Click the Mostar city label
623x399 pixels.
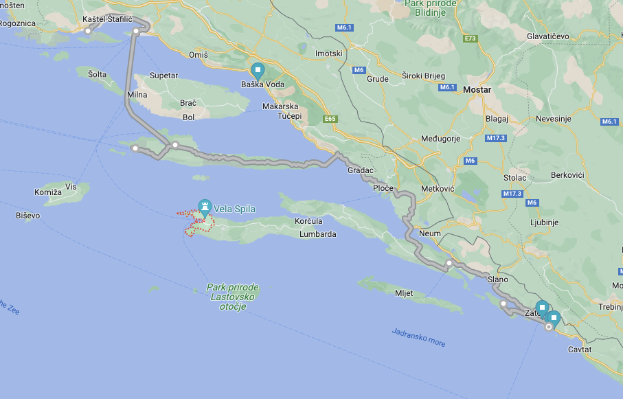477,89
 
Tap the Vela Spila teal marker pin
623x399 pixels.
205,206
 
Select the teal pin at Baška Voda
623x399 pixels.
258,70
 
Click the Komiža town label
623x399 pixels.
48,192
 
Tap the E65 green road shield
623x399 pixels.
330,119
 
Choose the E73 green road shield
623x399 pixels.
471,38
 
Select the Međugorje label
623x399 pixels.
440,139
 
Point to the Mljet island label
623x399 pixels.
404,293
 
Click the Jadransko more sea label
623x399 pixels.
418,337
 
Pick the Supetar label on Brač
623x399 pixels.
163,76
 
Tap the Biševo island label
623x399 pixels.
27,215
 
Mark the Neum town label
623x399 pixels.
429,233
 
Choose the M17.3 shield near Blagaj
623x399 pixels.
495,138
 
